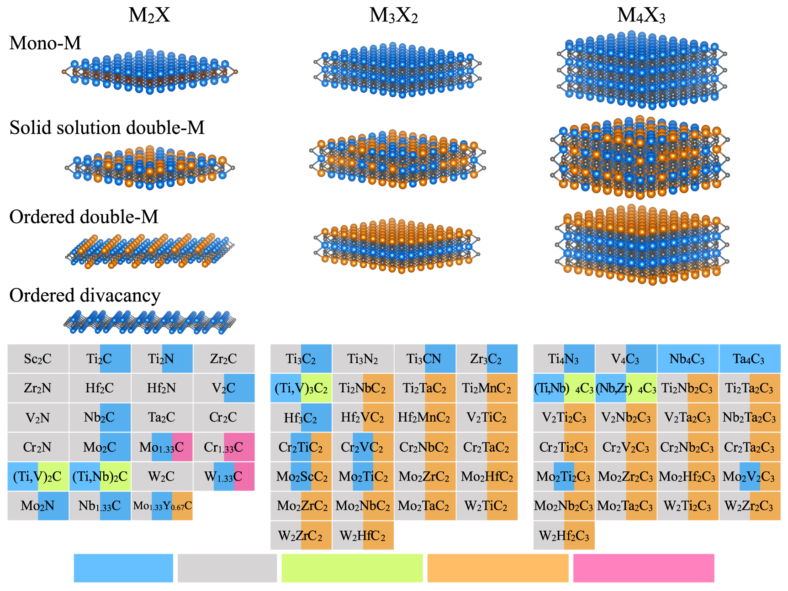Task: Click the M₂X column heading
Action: pos(149,16)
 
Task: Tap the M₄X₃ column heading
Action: pos(641,16)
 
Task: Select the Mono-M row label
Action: pos(45,43)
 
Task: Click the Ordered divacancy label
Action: pos(85,295)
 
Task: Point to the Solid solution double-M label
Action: pos(107,128)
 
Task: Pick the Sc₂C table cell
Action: pos(38,359)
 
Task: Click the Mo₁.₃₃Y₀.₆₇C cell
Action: pos(162,506)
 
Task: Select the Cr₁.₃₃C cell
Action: pos(224,447)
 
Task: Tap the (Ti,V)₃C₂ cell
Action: pos(301,388)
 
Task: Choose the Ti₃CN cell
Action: pos(425,359)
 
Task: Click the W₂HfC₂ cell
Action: pos(363,535)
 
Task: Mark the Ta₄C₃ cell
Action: pos(749,359)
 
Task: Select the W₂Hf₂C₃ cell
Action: pos(564,535)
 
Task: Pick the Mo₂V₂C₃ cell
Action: pos(749,477)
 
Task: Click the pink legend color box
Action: pos(643,568)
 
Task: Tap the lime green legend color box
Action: pos(352,568)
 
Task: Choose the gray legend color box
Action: pos(227,568)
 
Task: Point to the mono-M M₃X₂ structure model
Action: pos(397,71)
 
